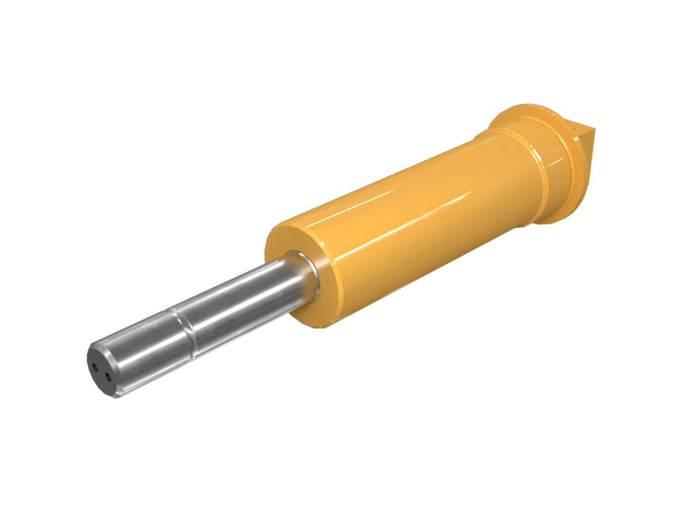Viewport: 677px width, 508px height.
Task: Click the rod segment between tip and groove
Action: tap(144, 347)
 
